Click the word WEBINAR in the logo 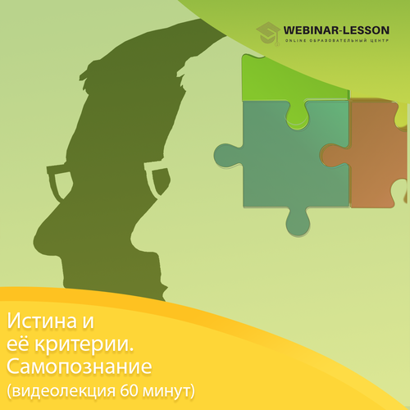click(x=311, y=30)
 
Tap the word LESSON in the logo click(x=367, y=30)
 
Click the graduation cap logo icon click(x=268, y=34)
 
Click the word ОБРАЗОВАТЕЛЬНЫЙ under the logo click(x=338, y=41)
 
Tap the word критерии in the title click(x=84, y=345)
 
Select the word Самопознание click(x=80, y=367)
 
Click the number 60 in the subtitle click(x=130, y=391)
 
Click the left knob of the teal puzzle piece click(x=227, y=155)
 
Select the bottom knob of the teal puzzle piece click(x=298, y=222)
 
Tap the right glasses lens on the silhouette click(x=158, y=178)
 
